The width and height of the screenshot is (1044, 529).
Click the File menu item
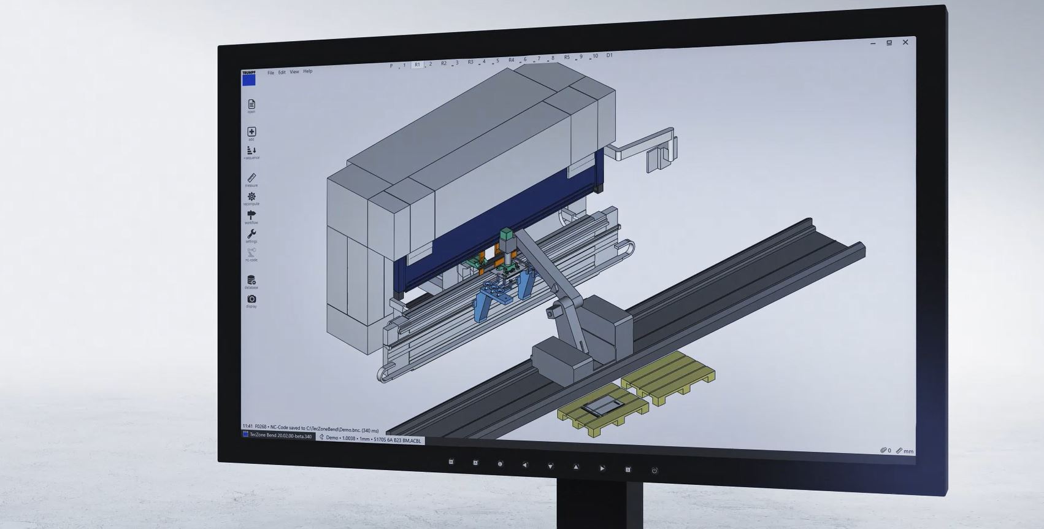pos(271,72)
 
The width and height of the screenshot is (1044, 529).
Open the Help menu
pos(307,71)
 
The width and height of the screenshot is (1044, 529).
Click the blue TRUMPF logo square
pos(249,80)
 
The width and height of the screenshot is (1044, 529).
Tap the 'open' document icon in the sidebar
pos(251,104)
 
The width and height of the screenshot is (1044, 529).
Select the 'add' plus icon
pos(251,131)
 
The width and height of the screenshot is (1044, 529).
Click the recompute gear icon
pos(251,196)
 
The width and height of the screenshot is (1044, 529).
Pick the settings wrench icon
pos(251,234)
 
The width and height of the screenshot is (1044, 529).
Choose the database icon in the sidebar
pos(251,280)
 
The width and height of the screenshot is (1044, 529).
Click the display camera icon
pos(251,299)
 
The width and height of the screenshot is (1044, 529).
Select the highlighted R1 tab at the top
pos(417,64)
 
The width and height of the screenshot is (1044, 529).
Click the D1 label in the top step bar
pos(609,55)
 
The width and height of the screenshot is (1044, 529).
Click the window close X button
pos(905,42)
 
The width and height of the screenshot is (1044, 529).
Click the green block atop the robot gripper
pos(506,234)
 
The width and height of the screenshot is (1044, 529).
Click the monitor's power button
pos(654,471)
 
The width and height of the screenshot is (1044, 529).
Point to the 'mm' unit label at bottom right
pos(908,451)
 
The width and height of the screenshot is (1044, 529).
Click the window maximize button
pos(889,42)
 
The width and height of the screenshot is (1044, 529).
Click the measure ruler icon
pos(251,177)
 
